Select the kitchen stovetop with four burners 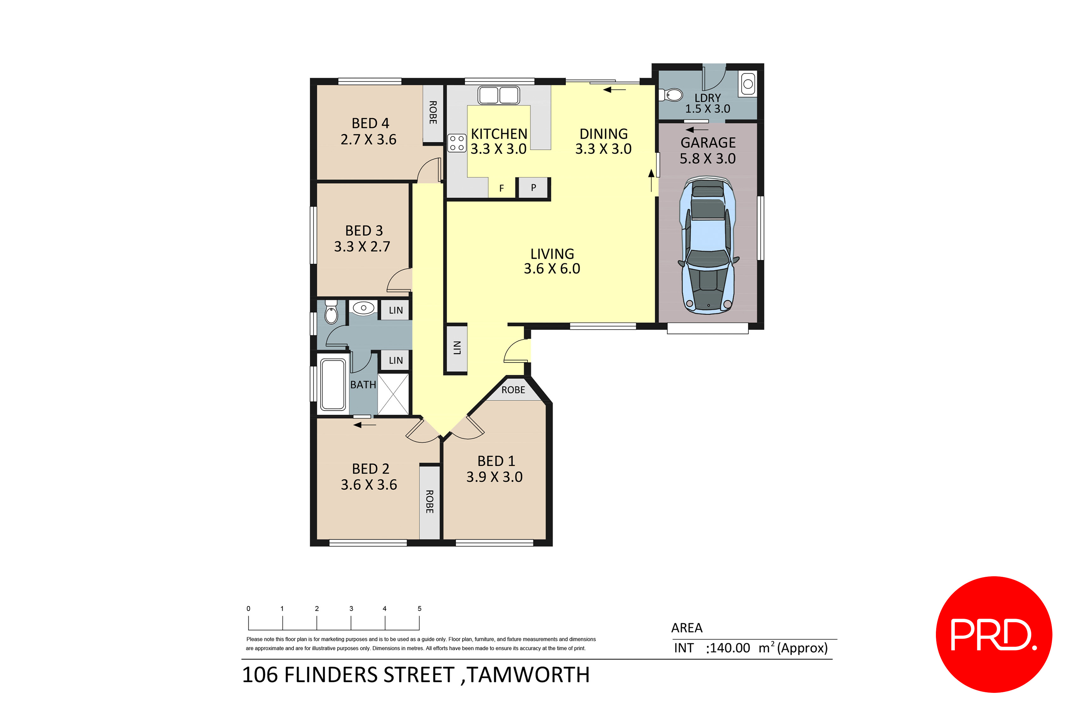pyautogui.click(x=457, y=143)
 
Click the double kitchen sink pyautogui.click(x=499, y=95)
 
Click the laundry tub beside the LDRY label pyautogui.click(x=748, y=84)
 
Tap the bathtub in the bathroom pyautogui.click(x=333, y=384)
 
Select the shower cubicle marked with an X pyautogui.click(x=393, y=394)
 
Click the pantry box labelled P pyautogui.click(x=533, y=188)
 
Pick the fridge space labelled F pyautogui.click(x=501, y=188)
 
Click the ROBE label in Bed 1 pyautogui.click(x=513, y=390)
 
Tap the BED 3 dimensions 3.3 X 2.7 pyautogui.click(x=362, y=247)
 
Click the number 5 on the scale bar pyautogui.click(x=419, y=608)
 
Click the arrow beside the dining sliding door pyautogui.click(x=614, y=90)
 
